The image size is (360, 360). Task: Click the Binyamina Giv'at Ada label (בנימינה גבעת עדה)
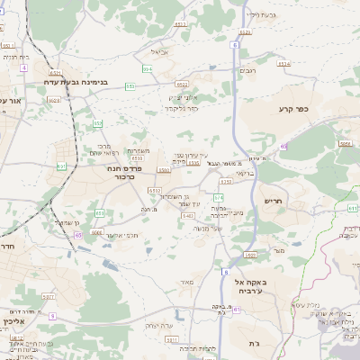78,82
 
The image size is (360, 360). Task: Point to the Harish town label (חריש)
274,202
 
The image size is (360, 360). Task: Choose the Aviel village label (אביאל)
160,51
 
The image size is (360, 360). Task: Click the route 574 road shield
218,195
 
